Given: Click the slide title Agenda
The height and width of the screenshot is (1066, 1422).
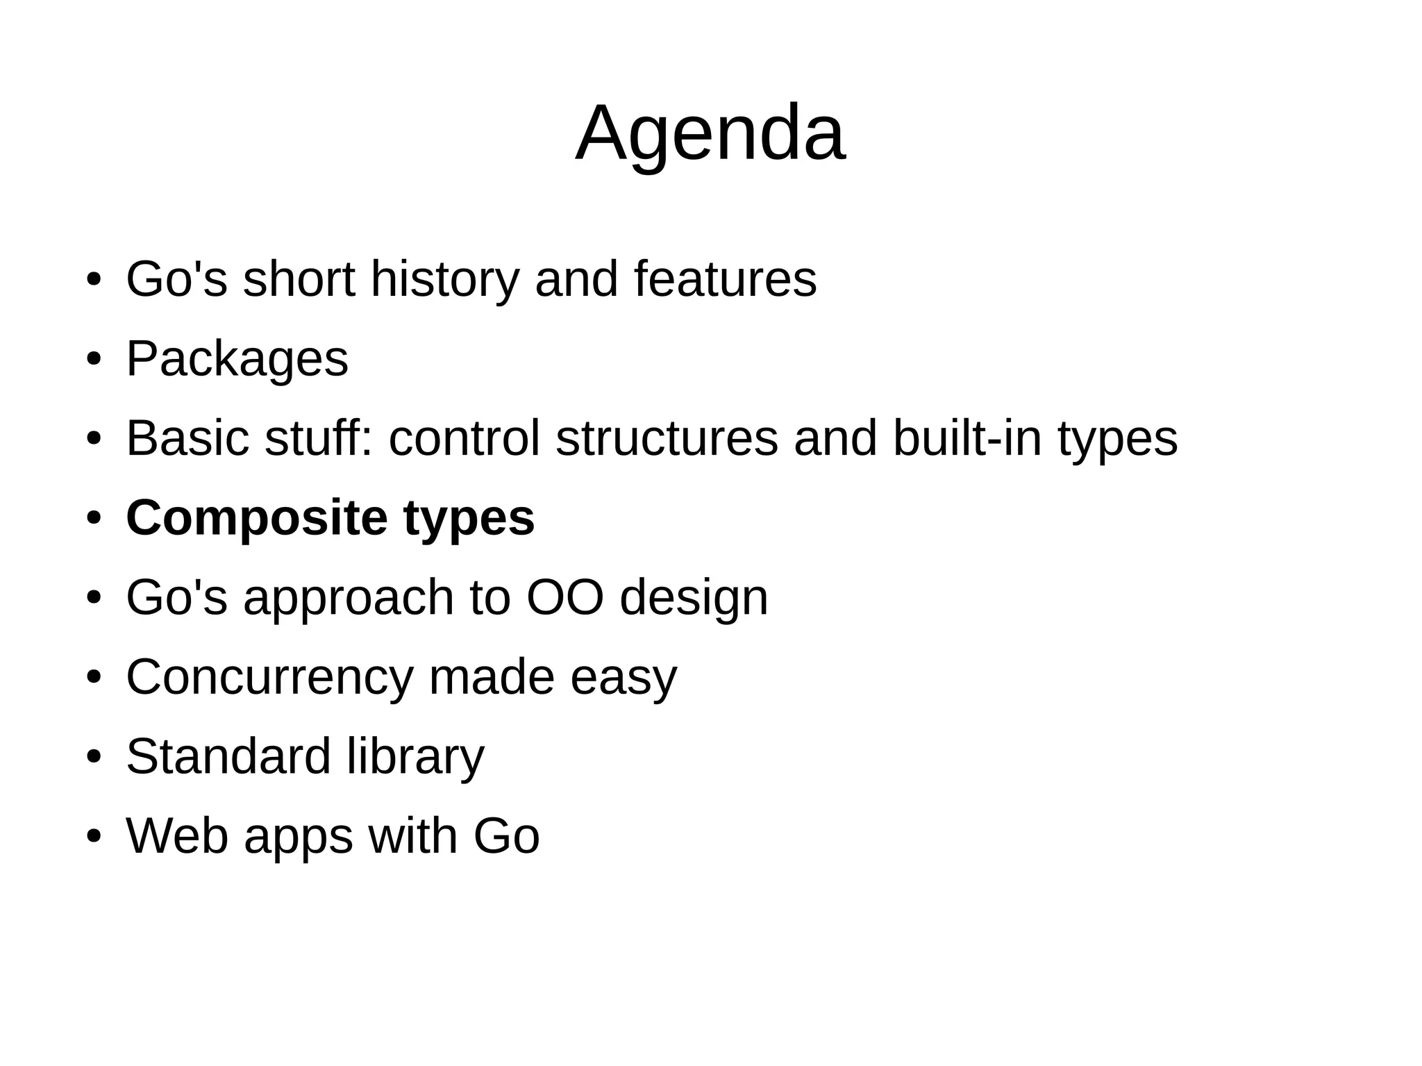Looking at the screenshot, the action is click(x=710, y=133).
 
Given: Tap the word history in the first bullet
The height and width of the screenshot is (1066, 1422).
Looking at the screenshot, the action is click(x=444, y=279).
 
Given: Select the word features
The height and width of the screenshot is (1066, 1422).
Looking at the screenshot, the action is click(x=725, y=279).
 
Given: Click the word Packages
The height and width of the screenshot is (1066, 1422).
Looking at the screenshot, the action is click(x=237, y=360).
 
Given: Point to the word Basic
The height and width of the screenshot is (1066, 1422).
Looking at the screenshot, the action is click(x=187, y=439).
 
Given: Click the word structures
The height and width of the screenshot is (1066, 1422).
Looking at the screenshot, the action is click(x=667, y=439).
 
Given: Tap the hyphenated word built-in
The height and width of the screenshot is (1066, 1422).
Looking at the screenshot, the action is click(x=967, y=439).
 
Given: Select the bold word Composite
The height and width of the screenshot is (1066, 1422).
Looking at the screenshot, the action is click(x=256, y=518).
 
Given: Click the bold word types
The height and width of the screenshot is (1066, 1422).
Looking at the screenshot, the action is click(x=469, y=519).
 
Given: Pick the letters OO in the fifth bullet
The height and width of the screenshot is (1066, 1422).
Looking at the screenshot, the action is click(x=564, y=597).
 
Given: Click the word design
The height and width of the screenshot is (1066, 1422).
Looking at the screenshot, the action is click(x=694, y=599).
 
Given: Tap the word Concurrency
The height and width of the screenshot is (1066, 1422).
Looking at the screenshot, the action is click(x=269, y=678).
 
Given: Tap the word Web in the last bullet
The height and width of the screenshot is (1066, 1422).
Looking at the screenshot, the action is click(x=177, y=836).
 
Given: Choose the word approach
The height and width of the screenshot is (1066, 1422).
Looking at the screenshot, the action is click(x=348, y=599).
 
